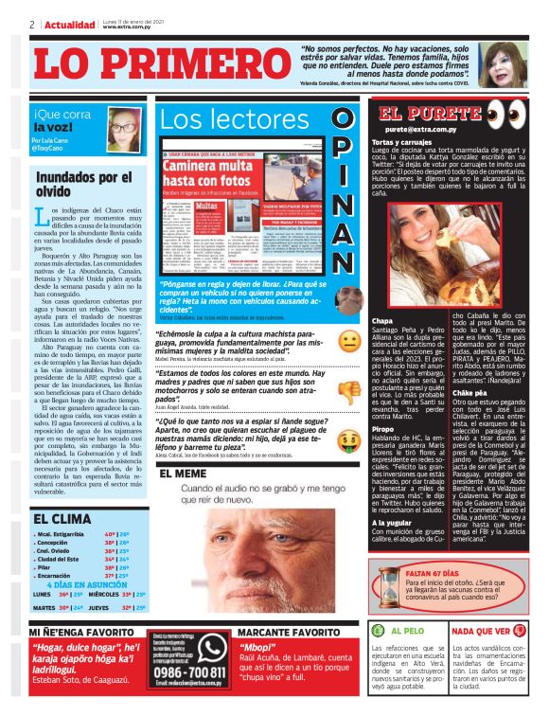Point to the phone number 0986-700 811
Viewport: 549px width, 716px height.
[187, 672]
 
